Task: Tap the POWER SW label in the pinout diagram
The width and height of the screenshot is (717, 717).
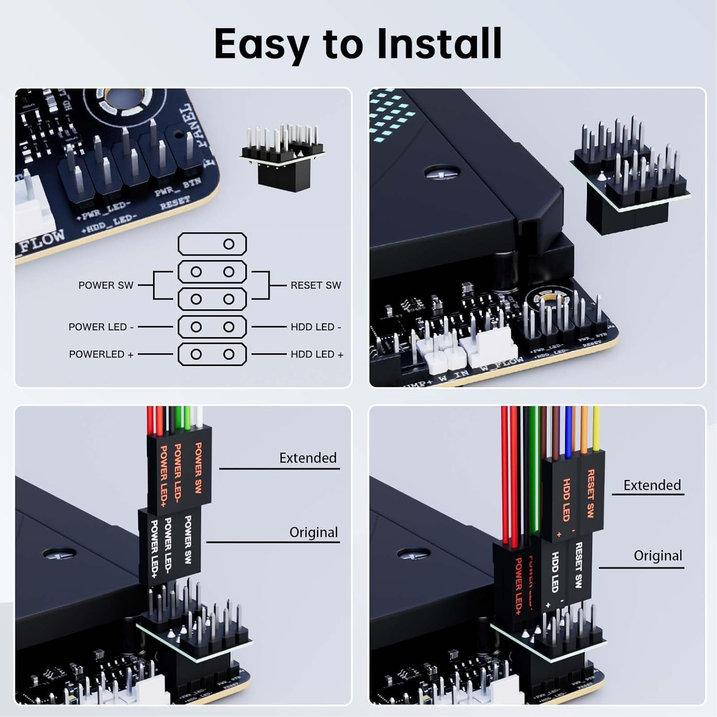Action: [x=106, y=285]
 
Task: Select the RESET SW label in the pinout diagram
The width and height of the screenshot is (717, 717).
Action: [x=315, y=285]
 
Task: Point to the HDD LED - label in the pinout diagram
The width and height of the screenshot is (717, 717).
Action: [x=315, y=327]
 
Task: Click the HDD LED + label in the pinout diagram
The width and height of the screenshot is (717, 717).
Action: [x=316, y=354]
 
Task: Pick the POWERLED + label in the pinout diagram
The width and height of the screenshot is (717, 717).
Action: [x=101, y=354]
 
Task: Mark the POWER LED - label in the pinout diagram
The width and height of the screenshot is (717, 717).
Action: [x=101, y=327]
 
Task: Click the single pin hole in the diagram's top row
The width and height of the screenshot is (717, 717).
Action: [x=228, y=244]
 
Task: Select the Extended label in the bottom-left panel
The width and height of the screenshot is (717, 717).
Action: [x=308, y=458]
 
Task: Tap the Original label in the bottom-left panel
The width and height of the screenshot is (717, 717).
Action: [x=313, y=532]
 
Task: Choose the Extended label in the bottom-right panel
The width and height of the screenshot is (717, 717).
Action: [x=652, y=485]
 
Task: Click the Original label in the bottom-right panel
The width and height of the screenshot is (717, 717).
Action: [x=658, y=555]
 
